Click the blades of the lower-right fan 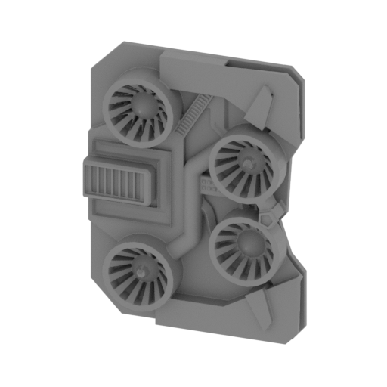[x=231, y=257]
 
